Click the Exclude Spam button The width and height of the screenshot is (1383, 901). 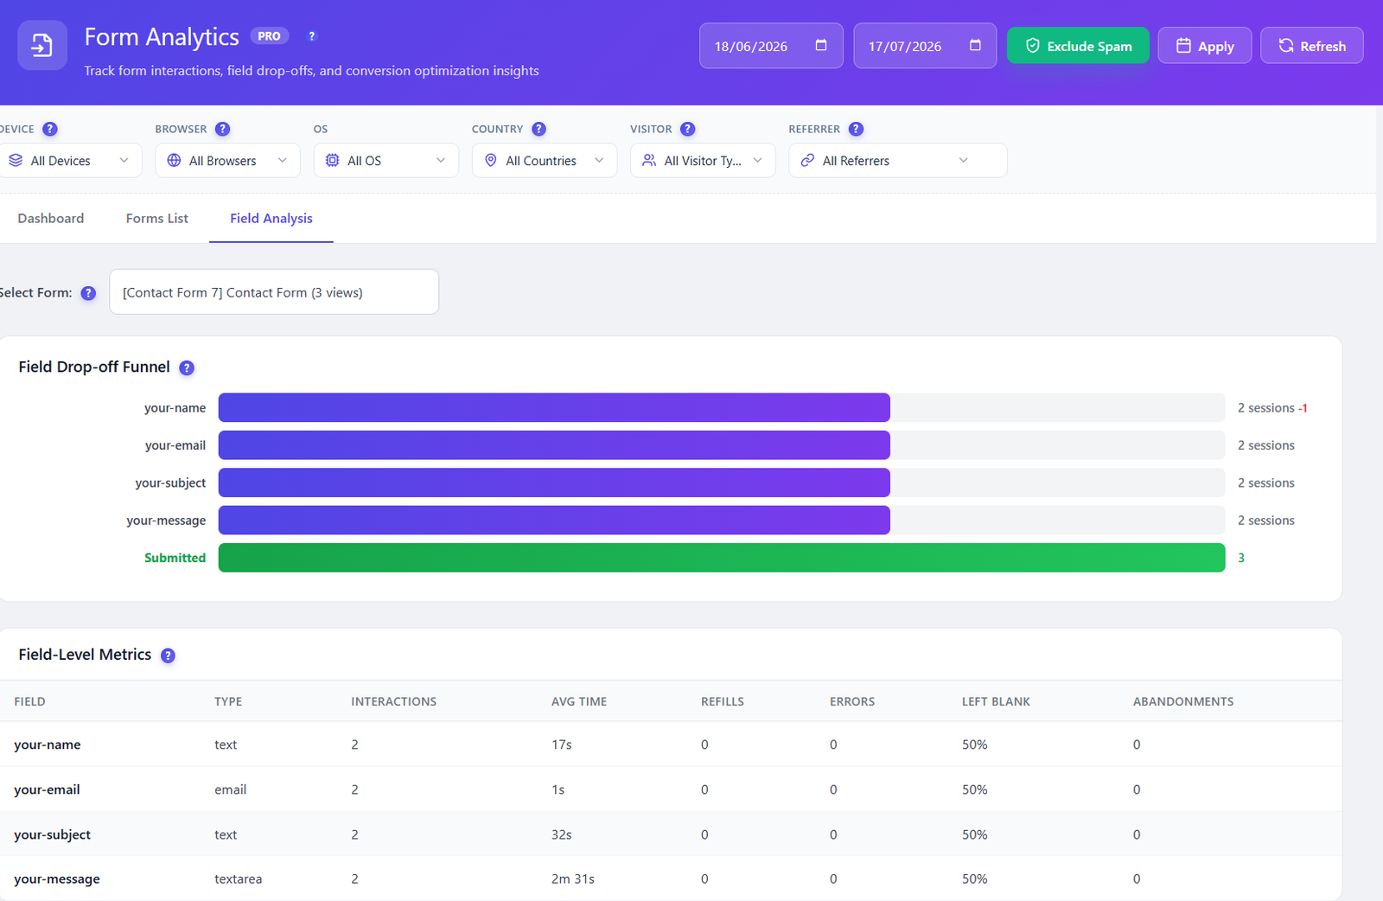coord(1078,46)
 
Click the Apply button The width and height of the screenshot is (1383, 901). coord(1205,46)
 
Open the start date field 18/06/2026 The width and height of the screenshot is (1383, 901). coord(770,46)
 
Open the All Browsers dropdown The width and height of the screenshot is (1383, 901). coord(227,161)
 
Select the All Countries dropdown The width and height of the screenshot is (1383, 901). coord(544,161)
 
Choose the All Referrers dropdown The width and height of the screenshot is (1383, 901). coord(898,161)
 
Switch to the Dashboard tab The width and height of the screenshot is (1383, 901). coord(51,218)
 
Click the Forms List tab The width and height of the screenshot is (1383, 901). coord(156,218)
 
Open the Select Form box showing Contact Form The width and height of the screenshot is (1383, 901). coord(274,292)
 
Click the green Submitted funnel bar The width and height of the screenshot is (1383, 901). coord(722,558)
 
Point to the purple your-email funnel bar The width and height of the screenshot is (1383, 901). coord(554,445)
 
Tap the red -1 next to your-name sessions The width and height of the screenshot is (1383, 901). coord(1303,408)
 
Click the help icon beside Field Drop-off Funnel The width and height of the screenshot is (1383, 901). coord(187,368)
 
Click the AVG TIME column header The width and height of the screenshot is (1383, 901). coord(579,701)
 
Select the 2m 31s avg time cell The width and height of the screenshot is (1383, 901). coord(573,879)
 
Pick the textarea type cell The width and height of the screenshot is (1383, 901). coord(239,879)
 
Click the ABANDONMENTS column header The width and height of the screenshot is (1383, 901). coord(1183,701)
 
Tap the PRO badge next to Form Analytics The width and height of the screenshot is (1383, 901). coord(269,35)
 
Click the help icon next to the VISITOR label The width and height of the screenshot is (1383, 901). coord(687,129)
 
